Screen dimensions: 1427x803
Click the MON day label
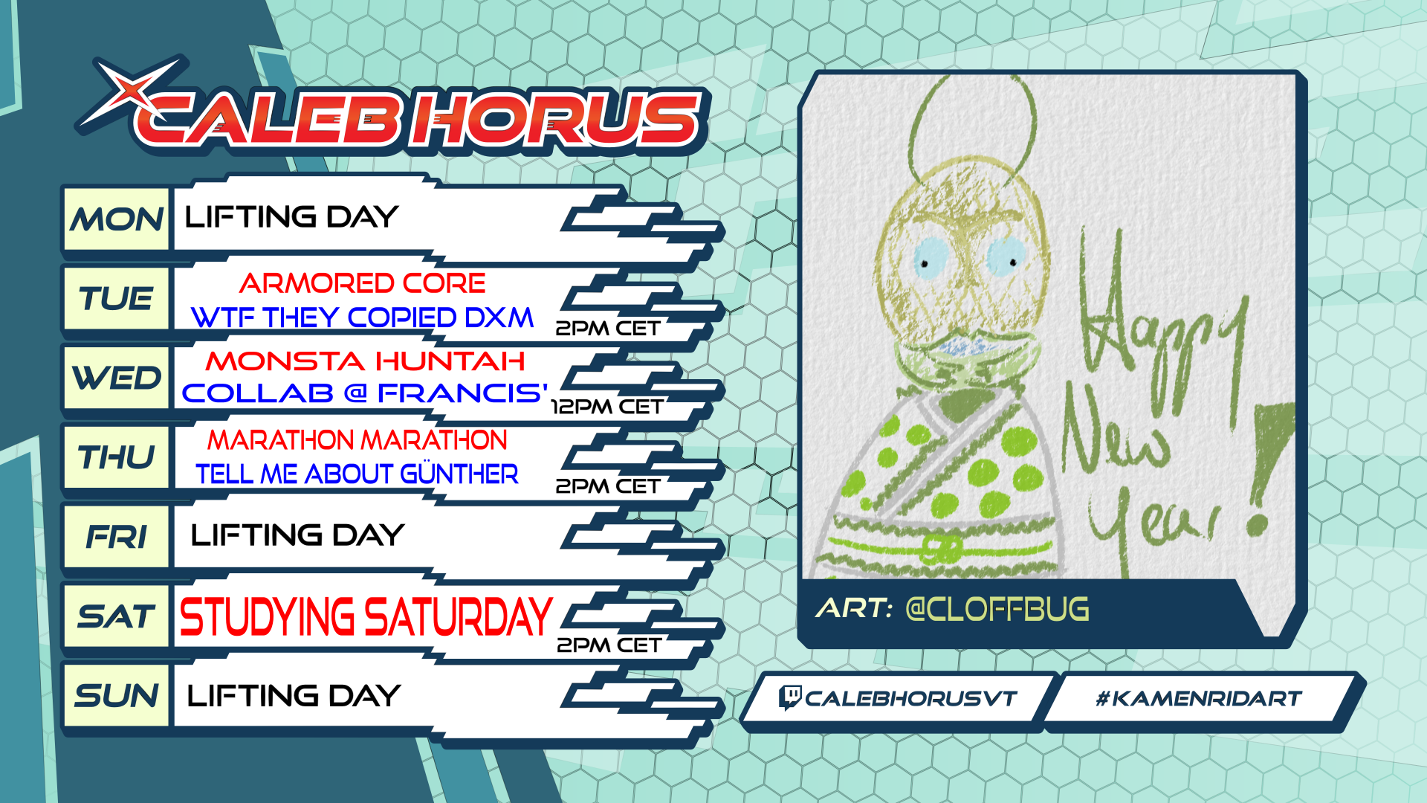[117, 220]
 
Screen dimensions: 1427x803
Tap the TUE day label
[117, 299]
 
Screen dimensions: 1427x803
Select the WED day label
[117, 378]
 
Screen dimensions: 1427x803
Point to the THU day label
[117, 457]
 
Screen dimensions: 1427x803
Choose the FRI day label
[117, 537]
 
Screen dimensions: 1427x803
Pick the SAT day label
[117, 616]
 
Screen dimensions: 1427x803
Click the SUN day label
[117, 696]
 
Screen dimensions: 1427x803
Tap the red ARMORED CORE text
[362, 283]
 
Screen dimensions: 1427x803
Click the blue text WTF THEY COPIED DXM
[362, 317]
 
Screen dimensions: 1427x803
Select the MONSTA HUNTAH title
[366, 361]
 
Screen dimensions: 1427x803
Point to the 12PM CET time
[606, 407]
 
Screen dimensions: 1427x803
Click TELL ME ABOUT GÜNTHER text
[357, 474]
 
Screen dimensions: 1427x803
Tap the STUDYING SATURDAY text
[366, 617]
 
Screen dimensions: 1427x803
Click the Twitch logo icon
[789, 698]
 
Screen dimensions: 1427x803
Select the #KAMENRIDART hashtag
[1198, 699]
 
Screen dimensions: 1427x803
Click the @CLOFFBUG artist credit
[997, 609]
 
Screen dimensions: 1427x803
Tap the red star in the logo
[131, 91]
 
